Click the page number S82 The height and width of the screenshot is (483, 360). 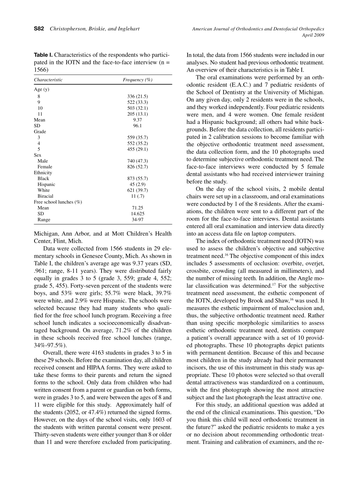[x=39, y=29]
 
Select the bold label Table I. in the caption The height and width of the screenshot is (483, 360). [x=43, y=55]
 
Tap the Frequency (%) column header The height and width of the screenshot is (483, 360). [x=138, y=80]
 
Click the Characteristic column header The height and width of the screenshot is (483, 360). [x=48, y=80]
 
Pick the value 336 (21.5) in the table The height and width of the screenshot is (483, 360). [x=138, y=97]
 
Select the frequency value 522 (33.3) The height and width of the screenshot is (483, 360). [x=138, y=102]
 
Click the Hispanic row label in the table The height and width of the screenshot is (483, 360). [x=46, y=184]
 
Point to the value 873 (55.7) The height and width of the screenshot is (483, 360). [x=138, y=178]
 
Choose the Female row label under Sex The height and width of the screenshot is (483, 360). [x=45, y=167]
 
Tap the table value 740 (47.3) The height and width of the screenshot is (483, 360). [x=138, y=161]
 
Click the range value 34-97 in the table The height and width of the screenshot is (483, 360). [x=138, y=220]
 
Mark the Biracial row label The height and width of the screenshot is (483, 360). [x=45, y=196]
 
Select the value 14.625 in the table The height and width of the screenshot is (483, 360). [x=138, y=214]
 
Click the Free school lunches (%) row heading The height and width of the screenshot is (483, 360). [x=58, y=202]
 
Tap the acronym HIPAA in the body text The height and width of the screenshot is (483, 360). [x=109, y=367]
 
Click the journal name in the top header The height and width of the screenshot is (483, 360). [x=258, y=29]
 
